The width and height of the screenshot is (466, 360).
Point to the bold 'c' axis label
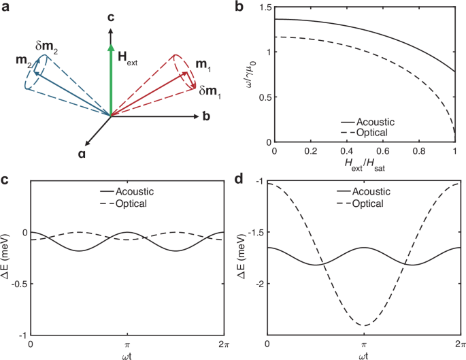coord(110,18)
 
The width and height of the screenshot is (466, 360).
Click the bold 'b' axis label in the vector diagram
coord(206,116)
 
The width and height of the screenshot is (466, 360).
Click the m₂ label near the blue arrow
coord(22,63)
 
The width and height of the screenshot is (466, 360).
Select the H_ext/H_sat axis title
coord(363,167)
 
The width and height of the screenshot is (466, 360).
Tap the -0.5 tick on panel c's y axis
coord(16,284)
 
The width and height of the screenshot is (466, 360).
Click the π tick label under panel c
coord(127,345)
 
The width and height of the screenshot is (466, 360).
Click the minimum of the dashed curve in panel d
coord(363,325)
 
